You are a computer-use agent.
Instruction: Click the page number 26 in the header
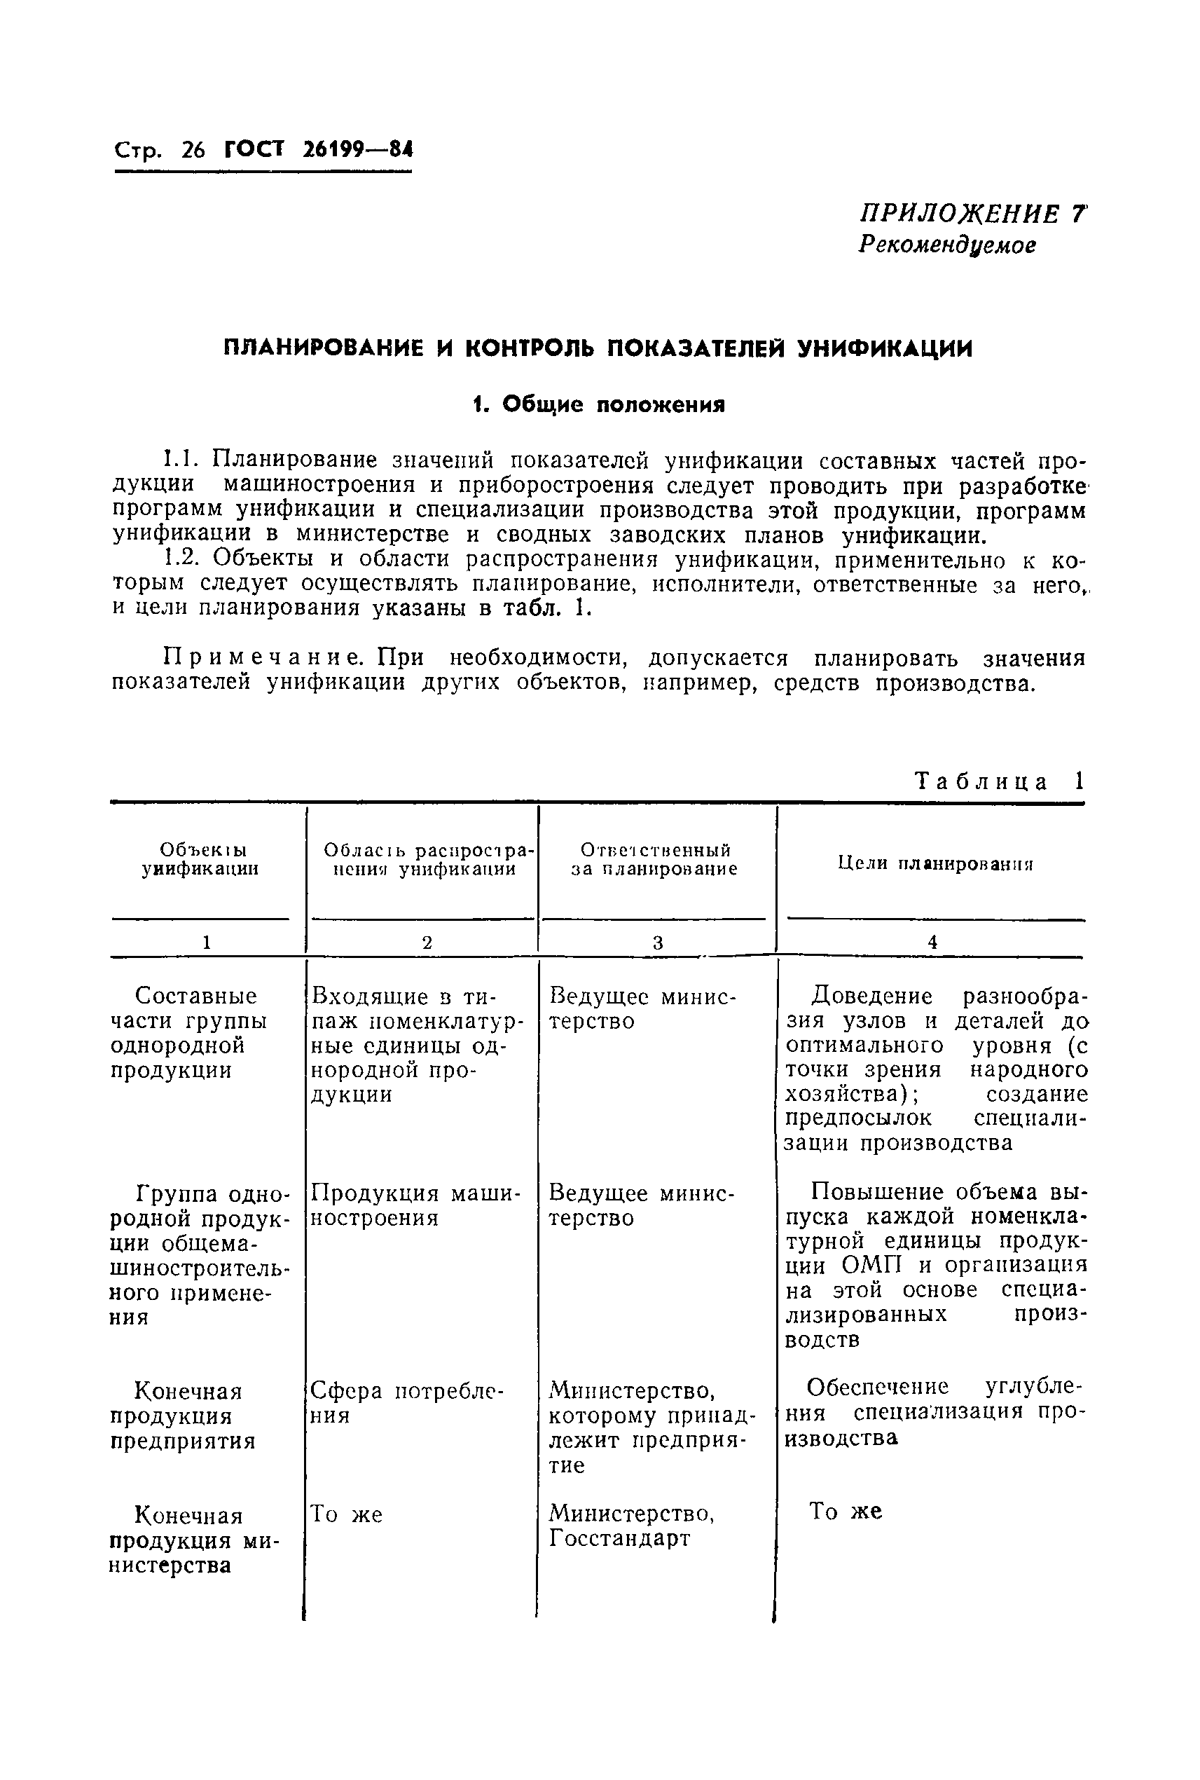pyautogui.click(x=193, y=149)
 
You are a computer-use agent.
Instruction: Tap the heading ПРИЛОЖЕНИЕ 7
pyautogui.click(x=972, y=214)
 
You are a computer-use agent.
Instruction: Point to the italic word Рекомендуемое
pyautogui.click(x=947, y=245)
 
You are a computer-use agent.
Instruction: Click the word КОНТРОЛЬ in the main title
pyautogui.click(x=530, y=348)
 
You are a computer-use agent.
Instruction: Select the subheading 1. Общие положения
pyautogui.click(x=598, y=404)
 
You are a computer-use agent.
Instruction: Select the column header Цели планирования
pyautogui.click(x=935, y=863)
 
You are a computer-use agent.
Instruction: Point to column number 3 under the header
pyautogui.click(x=657, y=943)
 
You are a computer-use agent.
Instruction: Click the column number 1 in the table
pyautogui.click(x=206, y=943)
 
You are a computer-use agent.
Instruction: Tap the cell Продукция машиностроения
pyautogui.click(x=415, y=1206)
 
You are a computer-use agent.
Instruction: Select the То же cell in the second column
pyautogui.click(x=346, y=1514)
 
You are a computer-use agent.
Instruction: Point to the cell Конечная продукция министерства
pyautogui.click(x=195, y=1540)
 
